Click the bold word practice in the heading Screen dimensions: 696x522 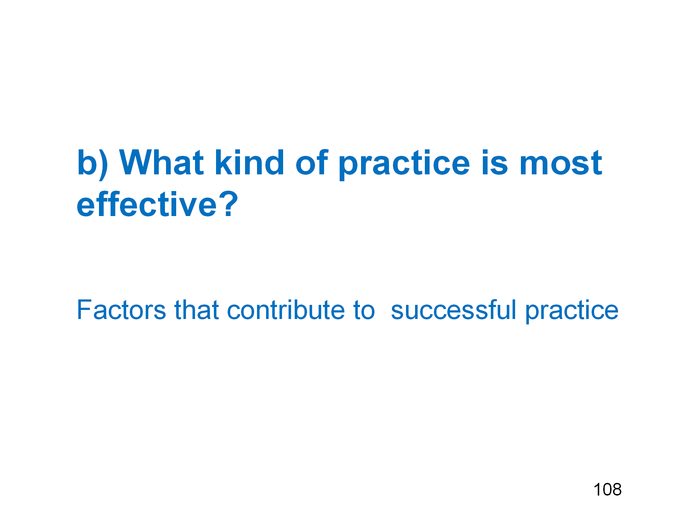click(404, 165)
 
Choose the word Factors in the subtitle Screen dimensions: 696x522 click(121, 310)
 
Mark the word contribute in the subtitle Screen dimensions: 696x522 click(286, 310)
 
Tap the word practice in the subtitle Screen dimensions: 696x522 click(572, 312)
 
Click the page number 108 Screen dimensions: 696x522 click(608, 489)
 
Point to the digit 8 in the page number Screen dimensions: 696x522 click(617, 489)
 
